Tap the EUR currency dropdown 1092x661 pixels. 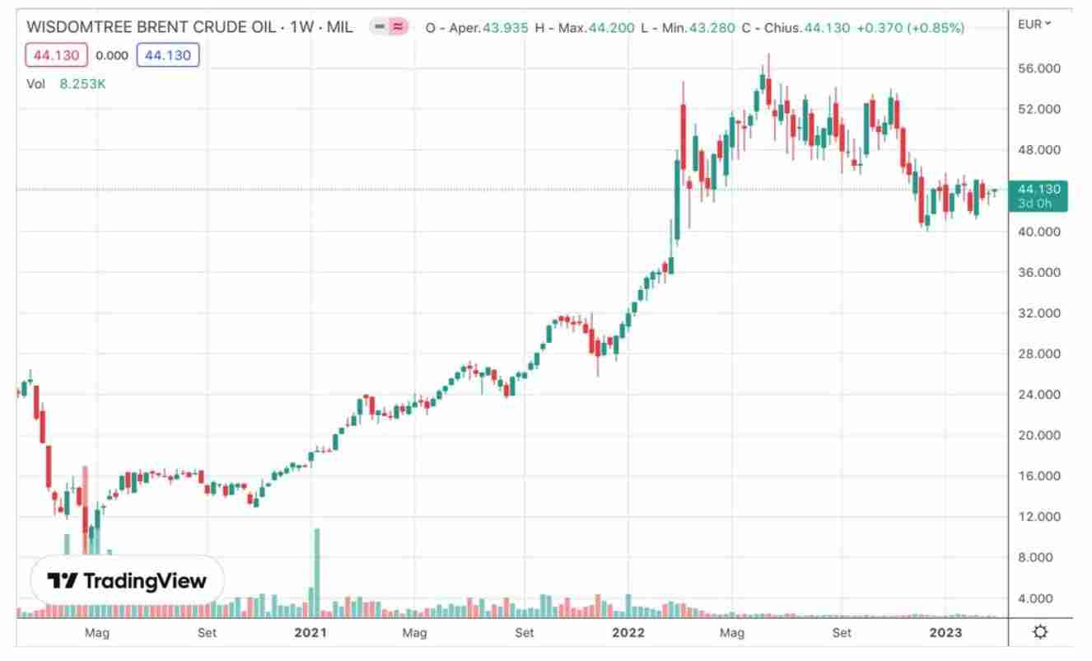(x=1034, y=24)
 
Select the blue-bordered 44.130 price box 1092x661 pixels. (x=168, y=56)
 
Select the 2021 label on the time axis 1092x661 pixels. (x=311, y=633)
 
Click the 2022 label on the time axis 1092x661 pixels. (x=628, y=633)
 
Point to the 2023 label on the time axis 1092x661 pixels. (x=945, y=633)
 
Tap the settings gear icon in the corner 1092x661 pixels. (x=1040, y=632)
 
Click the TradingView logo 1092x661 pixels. (x=128, y=581)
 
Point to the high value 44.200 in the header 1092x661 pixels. (x=611, y=28)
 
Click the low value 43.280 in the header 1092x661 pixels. (x=712, y=28)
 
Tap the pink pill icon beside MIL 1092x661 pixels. (x=389, y=26)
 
